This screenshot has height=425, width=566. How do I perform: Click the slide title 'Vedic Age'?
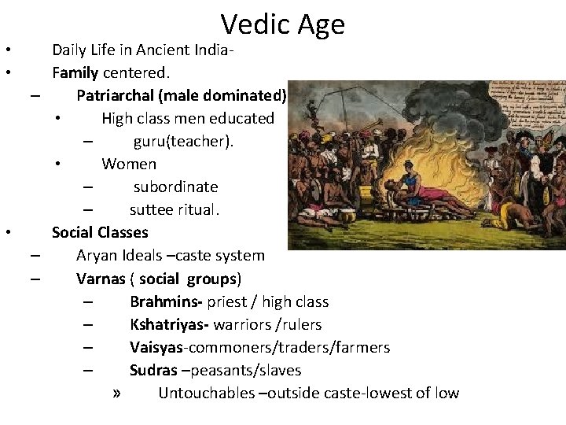283,24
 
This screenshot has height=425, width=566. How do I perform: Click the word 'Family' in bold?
75,73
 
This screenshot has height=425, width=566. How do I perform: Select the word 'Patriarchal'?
116,96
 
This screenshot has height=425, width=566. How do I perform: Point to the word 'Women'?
129,164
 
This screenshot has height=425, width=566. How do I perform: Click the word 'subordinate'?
175,187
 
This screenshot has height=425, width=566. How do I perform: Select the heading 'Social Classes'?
100,233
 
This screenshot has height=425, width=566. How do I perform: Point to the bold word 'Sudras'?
153,371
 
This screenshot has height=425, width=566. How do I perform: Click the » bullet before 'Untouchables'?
117,394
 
